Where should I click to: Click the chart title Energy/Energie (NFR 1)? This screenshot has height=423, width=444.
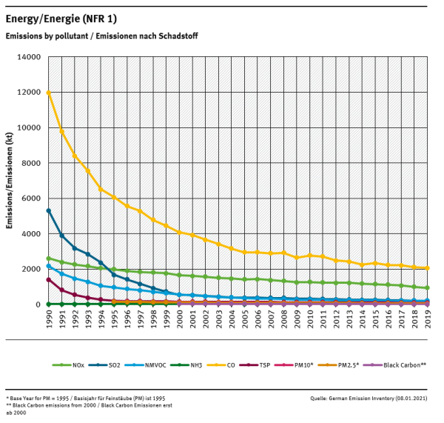61,18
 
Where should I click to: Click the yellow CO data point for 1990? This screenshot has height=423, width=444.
49,93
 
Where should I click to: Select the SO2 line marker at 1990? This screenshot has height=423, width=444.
49,210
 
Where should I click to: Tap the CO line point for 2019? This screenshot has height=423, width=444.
428,268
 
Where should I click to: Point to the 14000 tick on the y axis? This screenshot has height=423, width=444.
30,57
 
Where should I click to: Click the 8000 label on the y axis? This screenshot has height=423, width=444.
32,163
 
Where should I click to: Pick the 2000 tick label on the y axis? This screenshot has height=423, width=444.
32,269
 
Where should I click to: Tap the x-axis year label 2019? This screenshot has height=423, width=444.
428,321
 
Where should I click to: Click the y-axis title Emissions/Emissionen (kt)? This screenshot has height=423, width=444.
10,181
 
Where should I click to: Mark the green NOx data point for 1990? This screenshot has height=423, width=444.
49,259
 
